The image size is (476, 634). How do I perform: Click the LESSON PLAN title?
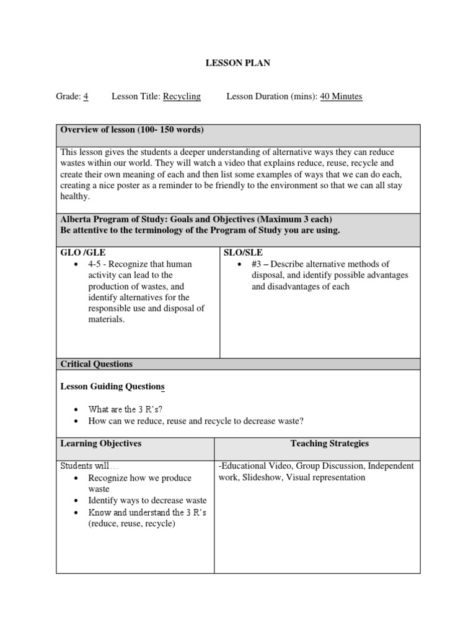(x=238, y=63)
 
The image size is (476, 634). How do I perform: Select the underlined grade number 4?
(x=86, y=96)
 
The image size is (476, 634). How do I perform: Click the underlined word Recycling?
(x=182, y=96)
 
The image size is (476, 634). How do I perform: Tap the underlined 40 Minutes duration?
(x=341, y=96)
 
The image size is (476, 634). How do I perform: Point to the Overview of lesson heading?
(x=131, y=129)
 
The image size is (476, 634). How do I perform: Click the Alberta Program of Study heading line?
(x=196, y=219)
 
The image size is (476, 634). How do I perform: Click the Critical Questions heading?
(x=96, y=364)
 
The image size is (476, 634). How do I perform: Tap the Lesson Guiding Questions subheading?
(x=112, y=386)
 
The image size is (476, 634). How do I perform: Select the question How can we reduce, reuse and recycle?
(x=196, y=421)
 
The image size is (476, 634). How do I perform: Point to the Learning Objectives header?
(x=100, y=443)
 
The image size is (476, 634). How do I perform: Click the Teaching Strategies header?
(x=329, y=443)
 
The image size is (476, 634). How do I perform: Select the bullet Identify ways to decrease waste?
(x=148, y=500)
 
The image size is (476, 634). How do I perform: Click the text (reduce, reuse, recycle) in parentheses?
(x=132, y=523)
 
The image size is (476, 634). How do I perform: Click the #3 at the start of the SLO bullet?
(x=259, y=264)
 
